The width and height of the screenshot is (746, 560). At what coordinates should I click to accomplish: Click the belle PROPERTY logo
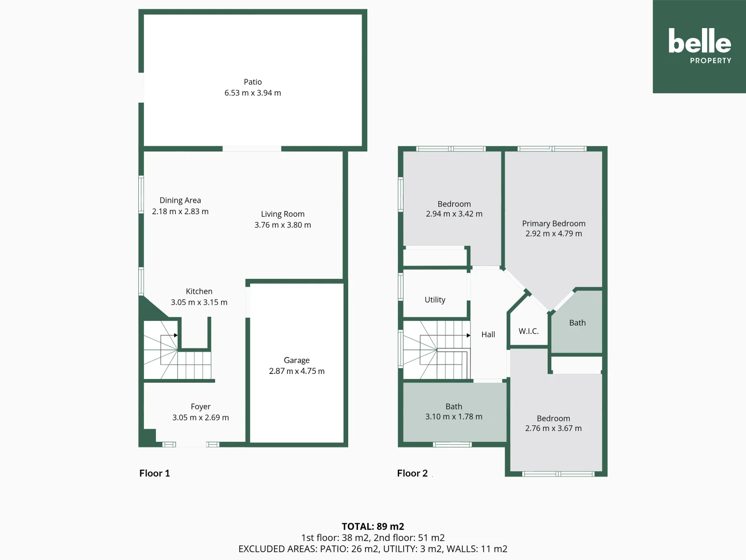pyautogui.click(x=699, y=46)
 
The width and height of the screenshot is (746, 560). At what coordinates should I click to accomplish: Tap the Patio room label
pyautogui.click(x=253, y=82)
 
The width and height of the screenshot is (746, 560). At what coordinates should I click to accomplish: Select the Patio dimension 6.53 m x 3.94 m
pyautogui.click(x=253, y=93)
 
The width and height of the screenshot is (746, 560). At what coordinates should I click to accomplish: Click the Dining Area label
pyautogui.click(x=180, y=200)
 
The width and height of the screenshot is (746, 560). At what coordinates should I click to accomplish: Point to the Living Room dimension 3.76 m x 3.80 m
pyautogui.click(x=283, y=225)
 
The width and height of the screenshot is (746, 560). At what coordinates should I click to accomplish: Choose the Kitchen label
pyautogui.click(x=199, y=291)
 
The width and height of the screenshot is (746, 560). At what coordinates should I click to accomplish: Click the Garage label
pyautogui.click(x=297, y=360)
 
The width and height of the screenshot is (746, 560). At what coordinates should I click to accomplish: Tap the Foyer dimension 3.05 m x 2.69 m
pyautogui.click(x=200, y=417)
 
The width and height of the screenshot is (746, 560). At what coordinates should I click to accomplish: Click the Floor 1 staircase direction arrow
pyautogui.click(x=176, y=335)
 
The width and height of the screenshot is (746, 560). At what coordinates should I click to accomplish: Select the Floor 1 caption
pyautogui.click(x=154, y=473)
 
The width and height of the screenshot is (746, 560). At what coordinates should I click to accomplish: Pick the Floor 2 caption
pyautogui.click(x=412, y=473)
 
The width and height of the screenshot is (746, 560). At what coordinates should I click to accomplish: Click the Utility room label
pyautogui.click(x=435, y=300)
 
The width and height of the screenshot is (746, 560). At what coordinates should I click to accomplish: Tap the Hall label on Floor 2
pyautogui.click(x=488, y=334)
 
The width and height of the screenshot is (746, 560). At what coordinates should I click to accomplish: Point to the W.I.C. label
pyautogui.click(x=528, y=331)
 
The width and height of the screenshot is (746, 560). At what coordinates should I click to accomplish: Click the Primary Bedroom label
pyautogui.click(x=554, y=223)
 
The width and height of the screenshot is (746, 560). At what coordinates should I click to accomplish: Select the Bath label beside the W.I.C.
pyautogui.click(x=577, y=323)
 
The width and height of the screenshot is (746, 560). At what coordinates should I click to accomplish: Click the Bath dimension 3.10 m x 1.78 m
pyautogui.click(x=454, y=416)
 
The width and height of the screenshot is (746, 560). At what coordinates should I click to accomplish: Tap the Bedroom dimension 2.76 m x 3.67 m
pyautogui.click(x=553, y=428)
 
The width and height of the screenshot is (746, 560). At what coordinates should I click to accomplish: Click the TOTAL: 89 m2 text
pyautogui.click(x=373, y=526)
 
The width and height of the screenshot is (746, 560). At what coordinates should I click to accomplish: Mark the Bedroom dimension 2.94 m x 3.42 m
pyautogui.click(x=454, y=214)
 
